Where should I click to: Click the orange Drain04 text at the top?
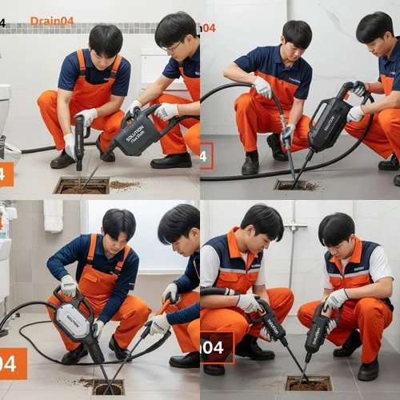[52, 21]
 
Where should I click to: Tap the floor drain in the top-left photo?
[81, 186]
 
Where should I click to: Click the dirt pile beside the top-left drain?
[124, 185]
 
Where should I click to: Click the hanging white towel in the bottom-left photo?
[54, 215]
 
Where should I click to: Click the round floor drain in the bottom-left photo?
[107, 386]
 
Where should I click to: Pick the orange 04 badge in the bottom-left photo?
[13, 364]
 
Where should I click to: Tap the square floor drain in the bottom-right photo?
[308, 383]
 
